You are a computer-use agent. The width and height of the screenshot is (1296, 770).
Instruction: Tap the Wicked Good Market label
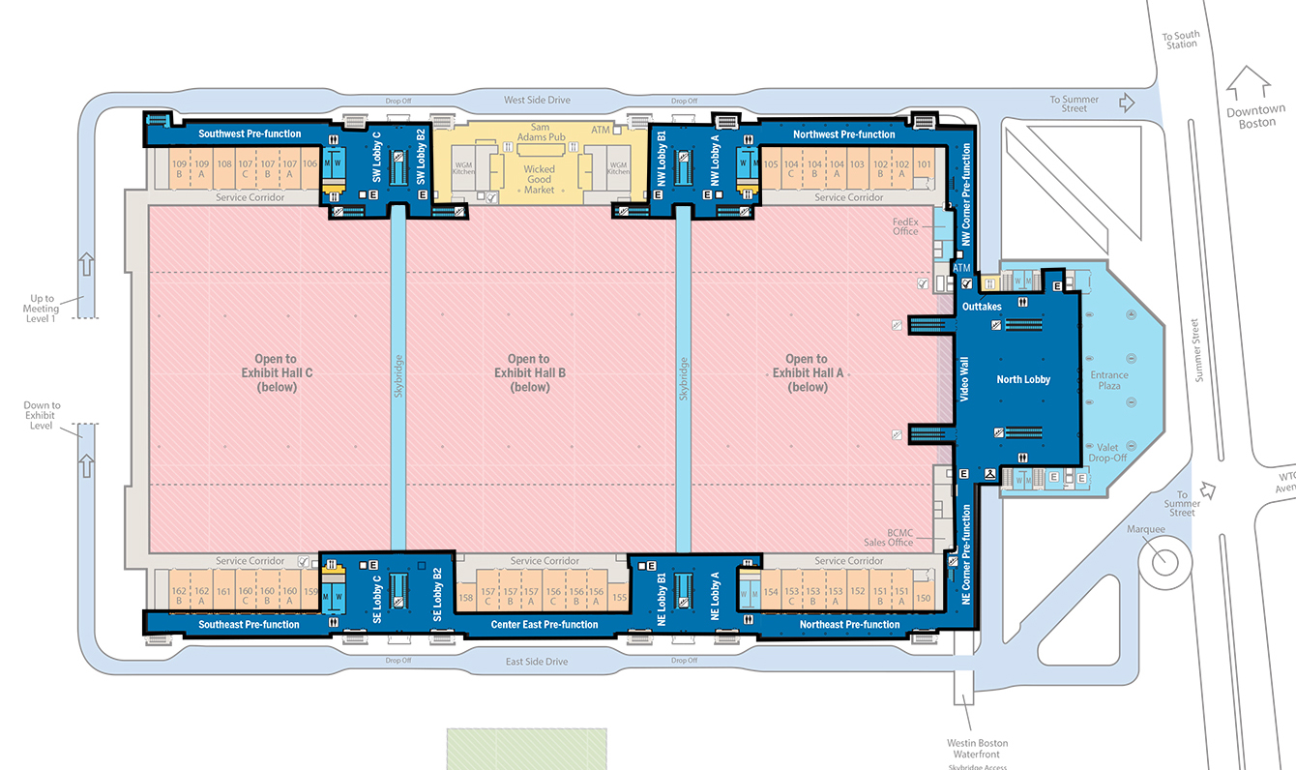click(x=539, y=179)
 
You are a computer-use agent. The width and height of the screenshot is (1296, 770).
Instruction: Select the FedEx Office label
click(x=905, y=225)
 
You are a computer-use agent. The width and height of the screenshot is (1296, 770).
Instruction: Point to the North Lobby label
click(x=1023, y=380)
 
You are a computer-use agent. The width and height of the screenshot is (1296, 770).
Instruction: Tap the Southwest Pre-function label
click(x=250, y=133)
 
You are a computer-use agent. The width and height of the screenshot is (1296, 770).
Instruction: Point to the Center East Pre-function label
click(x=545, y=624)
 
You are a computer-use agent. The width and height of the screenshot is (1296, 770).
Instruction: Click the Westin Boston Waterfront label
click(x=977, y=749)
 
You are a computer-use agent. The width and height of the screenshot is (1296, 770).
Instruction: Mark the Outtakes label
click(x=982, y=307)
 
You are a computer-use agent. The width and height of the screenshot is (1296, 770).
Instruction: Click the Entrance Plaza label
click(x=1108, y=380)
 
